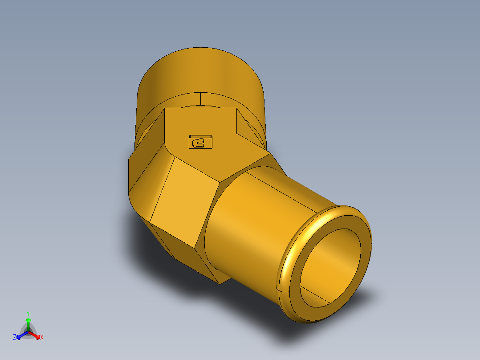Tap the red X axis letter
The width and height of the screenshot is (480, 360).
(42, 338)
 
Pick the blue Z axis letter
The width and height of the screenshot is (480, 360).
(15, 338)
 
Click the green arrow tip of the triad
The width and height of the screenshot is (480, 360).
(28, 320)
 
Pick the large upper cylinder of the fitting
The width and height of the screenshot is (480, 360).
(200, 71)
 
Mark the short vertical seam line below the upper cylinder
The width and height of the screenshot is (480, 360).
(200, 99)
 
